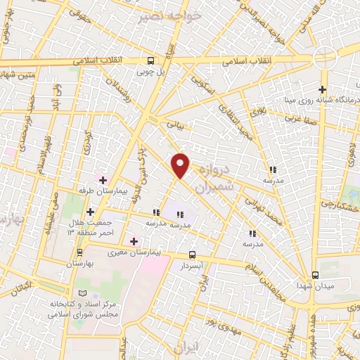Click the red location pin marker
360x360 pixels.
[181, 165]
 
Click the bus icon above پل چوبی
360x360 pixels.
[150, 60]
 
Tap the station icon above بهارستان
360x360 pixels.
[79, 251]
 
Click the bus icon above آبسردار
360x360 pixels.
[193, 255]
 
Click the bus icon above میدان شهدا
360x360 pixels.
[314, 274]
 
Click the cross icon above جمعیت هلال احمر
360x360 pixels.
[90, 211]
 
